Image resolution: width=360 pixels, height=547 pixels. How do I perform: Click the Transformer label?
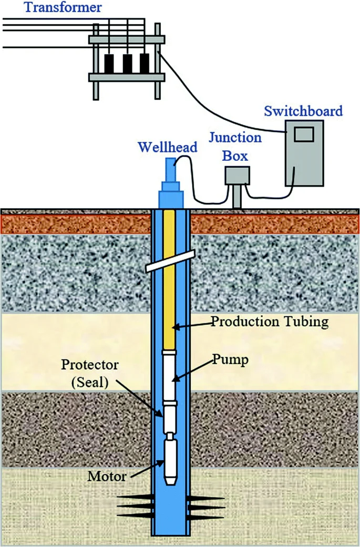point(63,7)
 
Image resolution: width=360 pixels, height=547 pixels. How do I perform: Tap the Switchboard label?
point(303,111)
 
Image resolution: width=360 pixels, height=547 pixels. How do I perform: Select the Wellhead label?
point(168,147)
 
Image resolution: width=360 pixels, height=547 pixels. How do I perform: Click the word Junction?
point(235,138)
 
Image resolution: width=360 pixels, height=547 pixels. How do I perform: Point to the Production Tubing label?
point(270,322)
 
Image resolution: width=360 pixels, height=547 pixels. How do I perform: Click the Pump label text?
point(231,360)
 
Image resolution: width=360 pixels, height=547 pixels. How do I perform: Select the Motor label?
point(107,476)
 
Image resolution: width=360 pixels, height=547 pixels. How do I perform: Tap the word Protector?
point(90,365)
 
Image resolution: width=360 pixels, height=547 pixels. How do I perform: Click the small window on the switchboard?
point(304,135)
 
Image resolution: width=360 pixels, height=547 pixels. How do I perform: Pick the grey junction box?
point(237,176)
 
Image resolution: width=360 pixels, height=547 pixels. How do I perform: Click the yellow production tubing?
point(169,279)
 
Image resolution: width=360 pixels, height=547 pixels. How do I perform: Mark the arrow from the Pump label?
point(193,370)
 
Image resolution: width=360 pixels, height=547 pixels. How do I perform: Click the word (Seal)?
point(90,383)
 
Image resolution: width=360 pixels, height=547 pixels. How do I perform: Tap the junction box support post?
point(237,197)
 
